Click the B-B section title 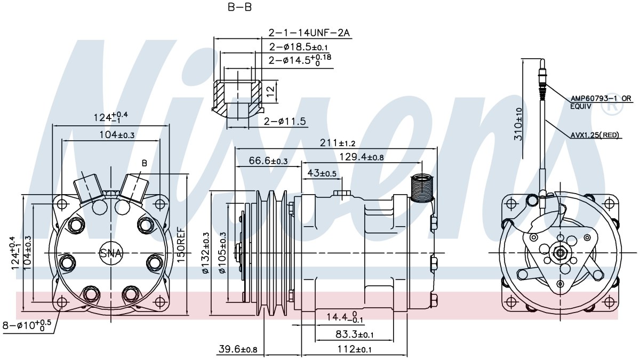239,7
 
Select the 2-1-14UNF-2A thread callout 309,33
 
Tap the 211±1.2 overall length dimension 338,142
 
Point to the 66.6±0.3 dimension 268,161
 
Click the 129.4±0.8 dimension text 362,157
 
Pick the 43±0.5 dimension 322,173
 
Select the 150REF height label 181,245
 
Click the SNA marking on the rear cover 110,253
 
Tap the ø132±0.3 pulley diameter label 206,253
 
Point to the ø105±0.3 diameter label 222,253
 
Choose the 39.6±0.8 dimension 238,349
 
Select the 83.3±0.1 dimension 354,334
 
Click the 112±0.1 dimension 354,349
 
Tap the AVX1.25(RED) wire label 595,134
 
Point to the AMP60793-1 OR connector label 601,99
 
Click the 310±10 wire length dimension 518,124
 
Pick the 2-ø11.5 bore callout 285,122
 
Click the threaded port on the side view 422,189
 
